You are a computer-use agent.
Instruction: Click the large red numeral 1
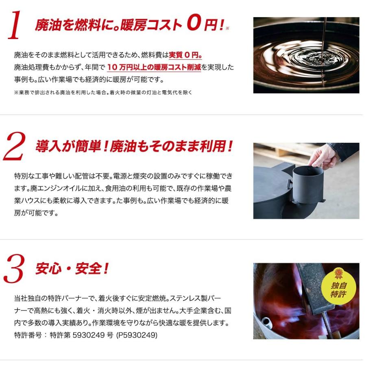[x=15, y=26]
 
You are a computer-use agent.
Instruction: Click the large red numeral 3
[x=15, y=269]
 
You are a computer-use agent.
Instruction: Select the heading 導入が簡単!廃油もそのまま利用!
[x=134, y=146]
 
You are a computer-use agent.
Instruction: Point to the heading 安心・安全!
[x=72, y=269]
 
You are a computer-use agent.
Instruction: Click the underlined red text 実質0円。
[x=185, y=55]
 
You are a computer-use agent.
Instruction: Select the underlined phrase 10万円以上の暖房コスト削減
[x=154, y=68]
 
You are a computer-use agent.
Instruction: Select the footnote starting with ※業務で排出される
[x=103, y=92]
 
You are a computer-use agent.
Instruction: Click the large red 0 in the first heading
[x=194, y=24]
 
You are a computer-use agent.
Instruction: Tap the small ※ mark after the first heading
[x=227, y=28]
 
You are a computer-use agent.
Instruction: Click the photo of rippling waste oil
[x=306, y=55]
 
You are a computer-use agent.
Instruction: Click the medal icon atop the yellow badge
[x=338, y=273]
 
